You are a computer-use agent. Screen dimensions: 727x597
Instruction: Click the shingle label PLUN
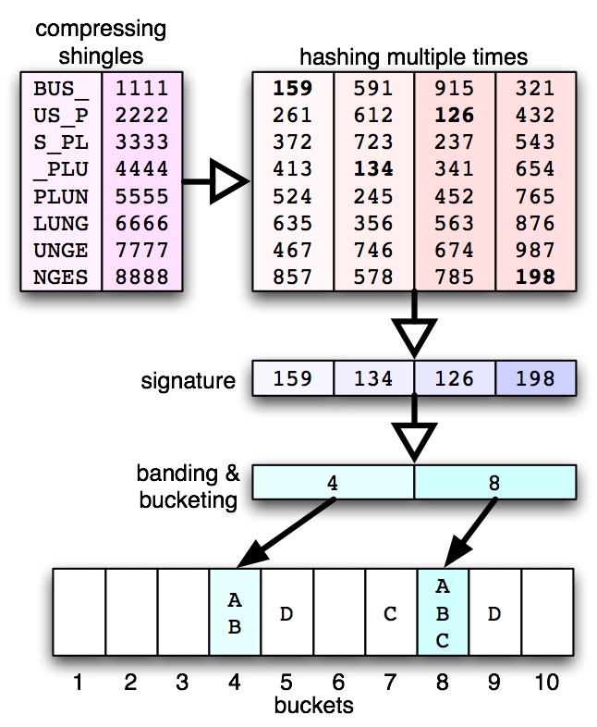[61, 196]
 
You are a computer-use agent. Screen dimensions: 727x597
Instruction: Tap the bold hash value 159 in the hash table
[292, 89]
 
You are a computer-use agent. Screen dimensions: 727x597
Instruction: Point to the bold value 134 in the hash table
[373, 169]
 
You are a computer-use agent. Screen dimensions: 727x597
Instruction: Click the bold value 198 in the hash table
[535, 277]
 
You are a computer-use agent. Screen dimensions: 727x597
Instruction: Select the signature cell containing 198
[535, 378]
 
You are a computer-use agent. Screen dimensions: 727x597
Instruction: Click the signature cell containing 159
[292, 378]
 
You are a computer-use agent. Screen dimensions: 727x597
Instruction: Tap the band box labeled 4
[333, 482]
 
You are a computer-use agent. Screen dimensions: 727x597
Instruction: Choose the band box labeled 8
[494, 482]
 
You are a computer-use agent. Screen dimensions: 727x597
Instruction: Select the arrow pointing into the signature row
[414, 333]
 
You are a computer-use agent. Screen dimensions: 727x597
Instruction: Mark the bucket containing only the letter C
[391, 612]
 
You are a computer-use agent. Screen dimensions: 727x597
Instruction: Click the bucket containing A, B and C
[443, 612]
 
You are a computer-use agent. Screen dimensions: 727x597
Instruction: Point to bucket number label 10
[546, 684]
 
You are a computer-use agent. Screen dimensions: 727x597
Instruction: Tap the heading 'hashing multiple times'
[414, 56]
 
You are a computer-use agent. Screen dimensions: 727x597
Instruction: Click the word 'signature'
[189, 380]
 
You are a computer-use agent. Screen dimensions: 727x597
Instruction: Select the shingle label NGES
[61, 277]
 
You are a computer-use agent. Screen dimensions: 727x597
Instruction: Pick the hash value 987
[535, 250]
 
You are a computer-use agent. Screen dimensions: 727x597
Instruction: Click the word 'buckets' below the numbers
[313, 706]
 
